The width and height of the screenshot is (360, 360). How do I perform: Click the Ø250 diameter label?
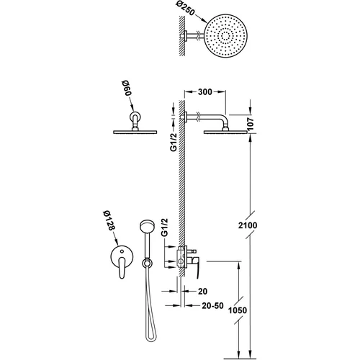click(x=185, y=10)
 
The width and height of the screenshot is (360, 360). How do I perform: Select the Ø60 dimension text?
click(x=127, y=89)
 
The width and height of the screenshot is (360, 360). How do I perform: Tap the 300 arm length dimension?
click(x=205, y=91)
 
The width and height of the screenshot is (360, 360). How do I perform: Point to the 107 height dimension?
click(x=251, y=124)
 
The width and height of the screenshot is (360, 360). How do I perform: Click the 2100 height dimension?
click(x=248, y=225)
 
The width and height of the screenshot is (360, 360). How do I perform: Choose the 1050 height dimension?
click(x=238, y=310)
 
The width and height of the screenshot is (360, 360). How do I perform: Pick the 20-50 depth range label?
click(x=212, y=305)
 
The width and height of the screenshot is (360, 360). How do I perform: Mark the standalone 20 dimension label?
click(x=202, y=291)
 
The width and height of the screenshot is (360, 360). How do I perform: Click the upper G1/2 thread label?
click(x=174, y=142)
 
